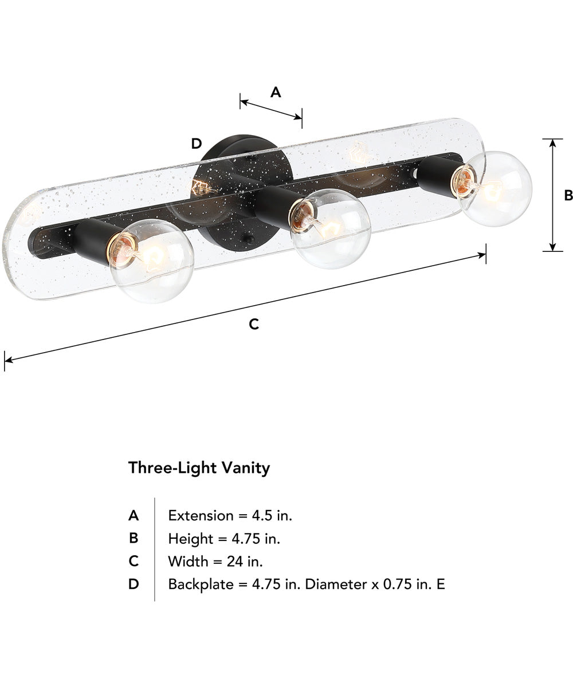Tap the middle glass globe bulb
pos(331,228)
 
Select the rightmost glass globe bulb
pos(496,189)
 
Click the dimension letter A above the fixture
pos(276,92)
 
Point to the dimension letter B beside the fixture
pos(568,196)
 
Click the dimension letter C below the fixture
pos(254,325)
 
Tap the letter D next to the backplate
pos(197,144)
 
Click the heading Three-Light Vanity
pos(199,468)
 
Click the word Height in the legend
pos(189,538)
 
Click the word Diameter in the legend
pos(331,585)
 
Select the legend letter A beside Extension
pos(134,516)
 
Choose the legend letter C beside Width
pos(134,562)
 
